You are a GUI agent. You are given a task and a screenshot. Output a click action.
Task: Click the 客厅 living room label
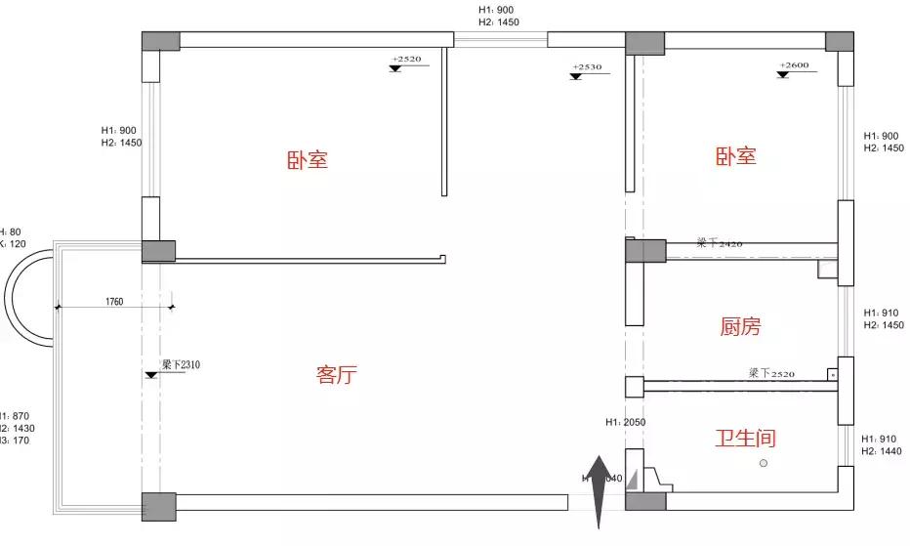[x=336, y=375]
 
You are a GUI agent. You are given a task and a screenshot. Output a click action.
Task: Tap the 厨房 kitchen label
[x=739, y=327]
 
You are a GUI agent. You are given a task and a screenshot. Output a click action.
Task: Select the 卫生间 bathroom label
[x=745, y=439]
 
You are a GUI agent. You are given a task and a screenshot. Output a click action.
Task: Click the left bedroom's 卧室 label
[x=308, y=160]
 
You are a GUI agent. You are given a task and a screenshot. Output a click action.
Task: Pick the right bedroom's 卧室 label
[x=736, y=156]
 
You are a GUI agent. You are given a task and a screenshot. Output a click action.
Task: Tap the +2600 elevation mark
[x=794, y=65]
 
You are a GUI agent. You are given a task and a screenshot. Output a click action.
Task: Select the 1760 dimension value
[x=114, y=302]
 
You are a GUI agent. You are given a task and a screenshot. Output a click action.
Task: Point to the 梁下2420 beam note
[x=720, y=241]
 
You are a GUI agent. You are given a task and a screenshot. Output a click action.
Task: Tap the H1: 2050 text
[x=626, y=423]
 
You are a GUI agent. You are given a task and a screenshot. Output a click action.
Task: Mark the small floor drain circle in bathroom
[x=764, y=463]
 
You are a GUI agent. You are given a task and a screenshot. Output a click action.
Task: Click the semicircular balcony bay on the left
[x=29, y=295]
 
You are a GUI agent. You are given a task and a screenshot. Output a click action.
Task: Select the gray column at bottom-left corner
[x=158, y=506]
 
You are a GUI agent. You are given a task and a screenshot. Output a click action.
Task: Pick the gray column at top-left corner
[x=160, y=41]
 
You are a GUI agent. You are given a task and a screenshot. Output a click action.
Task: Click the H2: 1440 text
[x=882, y=452]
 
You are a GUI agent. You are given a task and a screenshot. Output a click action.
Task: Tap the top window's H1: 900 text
[x=495, y=10]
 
